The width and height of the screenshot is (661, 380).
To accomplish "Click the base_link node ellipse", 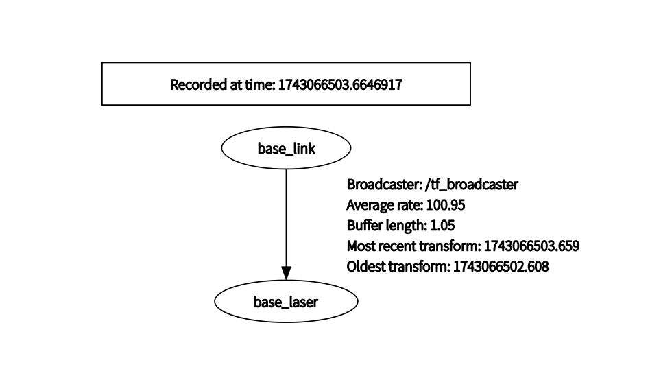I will (286, 148).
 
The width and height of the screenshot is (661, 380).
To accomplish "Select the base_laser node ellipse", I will (286, 301).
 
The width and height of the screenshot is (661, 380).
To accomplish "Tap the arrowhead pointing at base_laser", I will (286, 273).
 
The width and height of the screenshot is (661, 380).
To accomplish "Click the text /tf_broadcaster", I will (472, 185).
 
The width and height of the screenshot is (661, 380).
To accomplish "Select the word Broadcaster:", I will (384, 185).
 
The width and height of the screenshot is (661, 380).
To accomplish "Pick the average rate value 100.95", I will (451, 205).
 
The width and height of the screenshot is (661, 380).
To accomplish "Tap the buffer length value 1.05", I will (442, 226).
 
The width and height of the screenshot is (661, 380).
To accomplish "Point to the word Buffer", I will (362, 226).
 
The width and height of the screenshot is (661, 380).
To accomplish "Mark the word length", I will (404, 226).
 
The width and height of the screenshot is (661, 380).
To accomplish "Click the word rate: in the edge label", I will (410, 205).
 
